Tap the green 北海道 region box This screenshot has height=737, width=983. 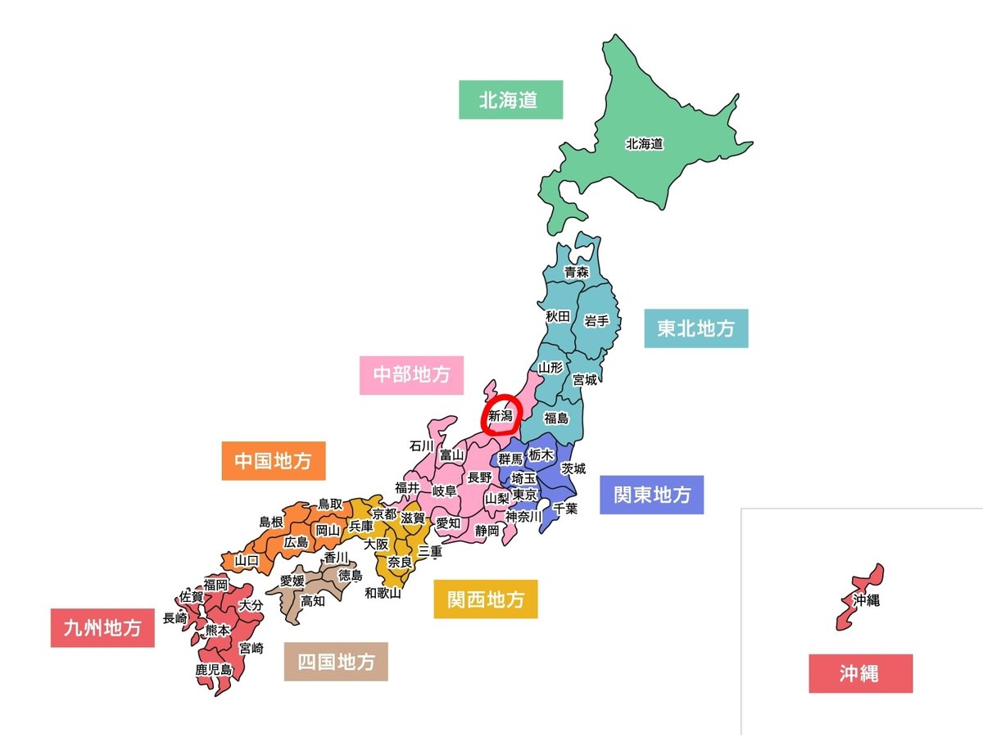510,100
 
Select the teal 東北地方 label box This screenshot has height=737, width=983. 695,328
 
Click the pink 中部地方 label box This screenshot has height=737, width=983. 411,375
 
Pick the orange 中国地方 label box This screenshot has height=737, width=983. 273,461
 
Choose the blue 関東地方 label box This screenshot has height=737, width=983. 651,495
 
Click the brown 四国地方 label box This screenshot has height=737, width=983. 336,661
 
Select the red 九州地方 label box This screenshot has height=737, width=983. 102,628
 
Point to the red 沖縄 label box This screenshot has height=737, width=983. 860,673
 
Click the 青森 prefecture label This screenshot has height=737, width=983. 577,272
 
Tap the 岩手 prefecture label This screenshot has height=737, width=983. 596,321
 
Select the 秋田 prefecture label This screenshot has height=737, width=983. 558,315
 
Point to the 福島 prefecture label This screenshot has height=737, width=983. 556,418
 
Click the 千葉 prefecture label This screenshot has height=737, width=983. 565,508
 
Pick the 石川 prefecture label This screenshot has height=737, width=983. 421,446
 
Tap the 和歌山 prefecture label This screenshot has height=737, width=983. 383,593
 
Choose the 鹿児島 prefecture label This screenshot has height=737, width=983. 213,669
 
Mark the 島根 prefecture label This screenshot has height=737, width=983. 271,522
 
